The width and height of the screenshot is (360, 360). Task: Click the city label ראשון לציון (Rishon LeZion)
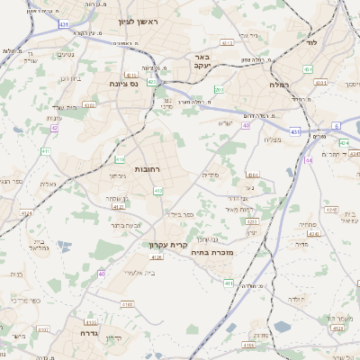click(140, 22)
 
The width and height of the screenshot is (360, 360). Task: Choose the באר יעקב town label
click(202, 61)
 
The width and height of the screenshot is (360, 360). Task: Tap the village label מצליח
click(274, 139)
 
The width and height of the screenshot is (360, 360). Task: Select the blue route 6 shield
click(336, 125)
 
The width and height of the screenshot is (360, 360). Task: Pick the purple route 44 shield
click(308, 159)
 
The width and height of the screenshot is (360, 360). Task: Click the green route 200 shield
click(219, 90)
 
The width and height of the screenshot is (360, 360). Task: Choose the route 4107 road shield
click(127, 305)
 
